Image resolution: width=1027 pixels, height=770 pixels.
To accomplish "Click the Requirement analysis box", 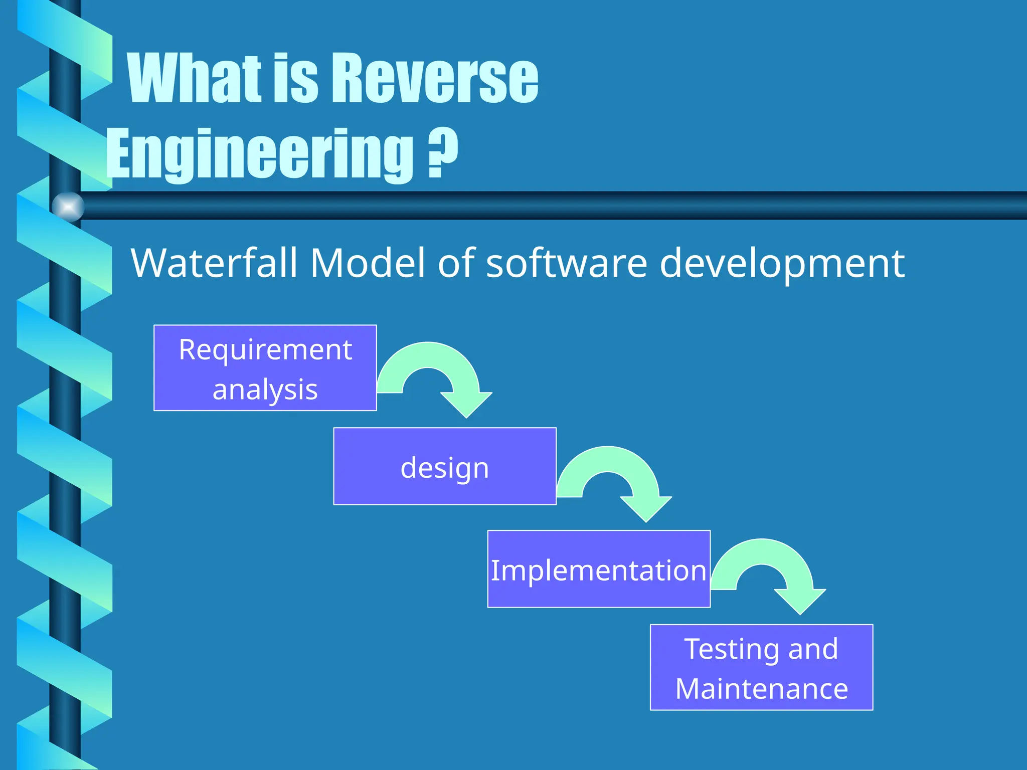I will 265,368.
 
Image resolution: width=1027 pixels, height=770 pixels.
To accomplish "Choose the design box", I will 444,466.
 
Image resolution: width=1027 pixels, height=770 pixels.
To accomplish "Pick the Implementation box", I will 598,569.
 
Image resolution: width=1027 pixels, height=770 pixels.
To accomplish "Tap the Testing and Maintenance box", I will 761,667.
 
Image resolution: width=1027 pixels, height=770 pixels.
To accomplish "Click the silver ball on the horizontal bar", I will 68,207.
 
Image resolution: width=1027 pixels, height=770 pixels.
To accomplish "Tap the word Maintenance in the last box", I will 761,689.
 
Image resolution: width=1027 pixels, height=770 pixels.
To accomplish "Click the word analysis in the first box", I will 265,390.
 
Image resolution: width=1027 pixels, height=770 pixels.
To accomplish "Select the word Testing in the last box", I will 732,650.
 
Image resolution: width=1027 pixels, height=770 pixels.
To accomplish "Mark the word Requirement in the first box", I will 265,349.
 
